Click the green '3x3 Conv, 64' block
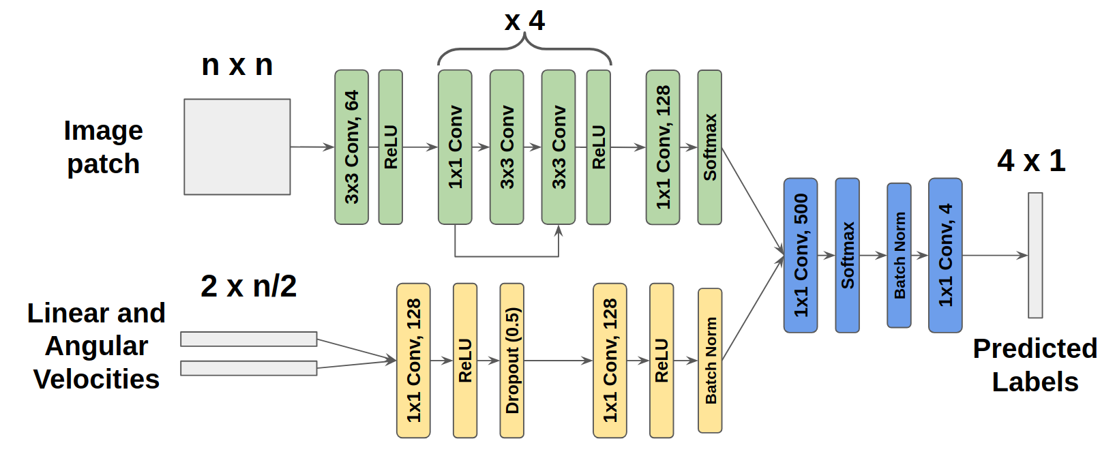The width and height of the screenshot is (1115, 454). click(x=351, y=147)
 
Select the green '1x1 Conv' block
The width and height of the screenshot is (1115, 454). click(x=455, y=147)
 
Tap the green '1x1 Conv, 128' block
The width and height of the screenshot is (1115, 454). click(x=663, y=147)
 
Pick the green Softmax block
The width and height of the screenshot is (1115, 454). click(x=709, y=147)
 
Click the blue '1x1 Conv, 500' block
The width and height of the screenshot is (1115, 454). click(x=801, y=255)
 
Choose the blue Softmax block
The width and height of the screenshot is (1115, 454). click(x=847, y=255)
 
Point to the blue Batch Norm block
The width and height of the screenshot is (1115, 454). click(x=899, y=255)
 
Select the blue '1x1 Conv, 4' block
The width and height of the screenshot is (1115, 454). click(x=945, y=255)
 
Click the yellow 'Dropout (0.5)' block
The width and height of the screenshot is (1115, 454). click(x=511, y=360)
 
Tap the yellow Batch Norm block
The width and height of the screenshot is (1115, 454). click(x=710, y=360)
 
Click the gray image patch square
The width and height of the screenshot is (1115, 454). click(x=237, y=147)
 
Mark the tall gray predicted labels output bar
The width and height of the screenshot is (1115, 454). click(x=1035, y=255)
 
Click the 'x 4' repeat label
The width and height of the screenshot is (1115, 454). click(x=524, y=20)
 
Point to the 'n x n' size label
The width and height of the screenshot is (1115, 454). click(x=237, y=65)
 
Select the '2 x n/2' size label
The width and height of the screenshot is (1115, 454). click(x=248, y=286)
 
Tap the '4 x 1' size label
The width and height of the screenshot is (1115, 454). click(x=1031, y=161)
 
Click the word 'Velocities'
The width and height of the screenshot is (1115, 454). click(x=96, y=379)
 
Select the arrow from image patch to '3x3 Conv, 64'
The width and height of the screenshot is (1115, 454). click(x=312, y=147)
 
